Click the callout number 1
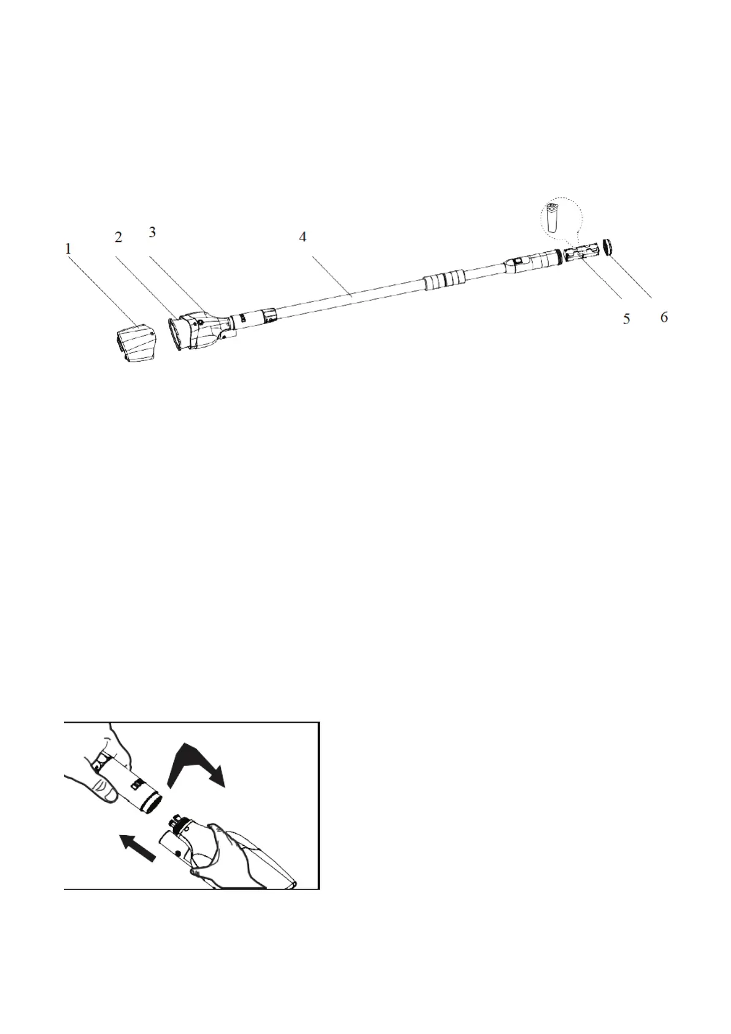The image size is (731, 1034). tap(68, 249)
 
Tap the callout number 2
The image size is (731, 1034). tap(118, 238)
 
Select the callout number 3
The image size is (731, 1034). tap(152, 232)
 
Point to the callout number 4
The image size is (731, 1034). tap(303, 237)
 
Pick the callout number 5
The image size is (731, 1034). tap(626, 319)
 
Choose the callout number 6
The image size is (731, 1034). tap(663, 318)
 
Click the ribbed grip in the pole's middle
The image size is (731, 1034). tap(445, 279)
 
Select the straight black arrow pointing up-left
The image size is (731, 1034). tap(139, 847)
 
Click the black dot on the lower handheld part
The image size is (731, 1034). tap(177, 853)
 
